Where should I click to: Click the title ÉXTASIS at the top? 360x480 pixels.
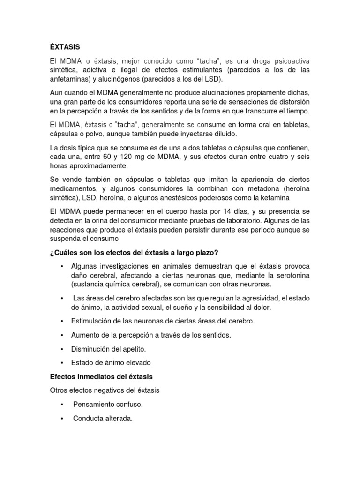[x=65, y=47]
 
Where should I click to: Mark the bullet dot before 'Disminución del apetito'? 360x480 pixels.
[x=62, y=349]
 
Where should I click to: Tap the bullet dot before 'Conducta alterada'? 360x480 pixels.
[x=62, y=418]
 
